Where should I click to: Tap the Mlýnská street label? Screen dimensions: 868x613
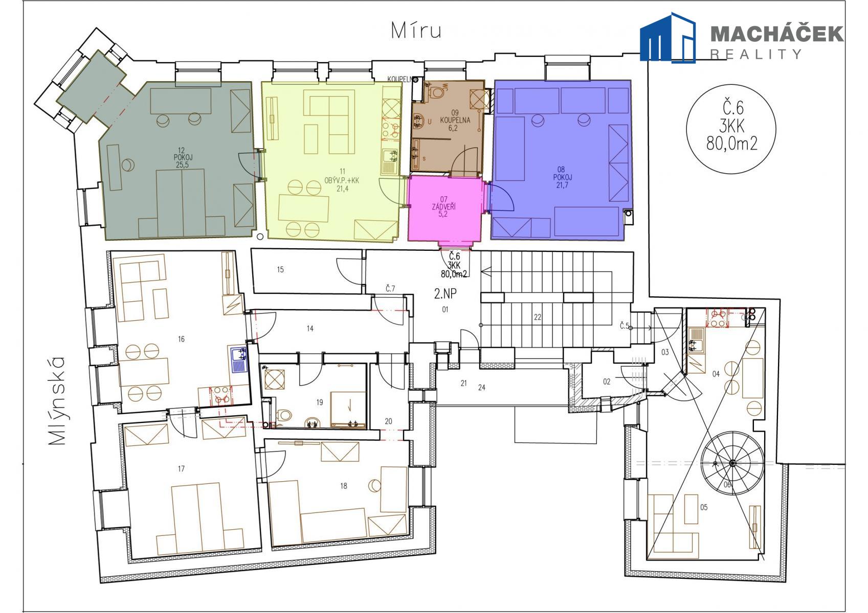57,400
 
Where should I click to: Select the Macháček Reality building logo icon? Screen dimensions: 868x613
667,37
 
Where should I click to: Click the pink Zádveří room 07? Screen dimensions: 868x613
444,208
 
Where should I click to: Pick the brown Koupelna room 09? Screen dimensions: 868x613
448,126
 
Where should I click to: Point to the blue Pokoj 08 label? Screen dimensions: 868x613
561,177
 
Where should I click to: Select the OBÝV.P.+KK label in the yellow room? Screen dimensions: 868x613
342,180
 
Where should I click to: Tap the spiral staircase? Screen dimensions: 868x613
732,463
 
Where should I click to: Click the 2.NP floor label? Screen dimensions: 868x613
445,294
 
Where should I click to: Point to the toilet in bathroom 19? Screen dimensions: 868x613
284,416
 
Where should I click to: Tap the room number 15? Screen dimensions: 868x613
280,269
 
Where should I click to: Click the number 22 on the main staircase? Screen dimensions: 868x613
537,317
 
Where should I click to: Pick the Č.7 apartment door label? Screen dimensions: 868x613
390,288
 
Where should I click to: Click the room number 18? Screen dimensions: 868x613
343,486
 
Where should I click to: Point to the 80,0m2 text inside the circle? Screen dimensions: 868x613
731,144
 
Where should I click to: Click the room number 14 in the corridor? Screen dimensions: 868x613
310,328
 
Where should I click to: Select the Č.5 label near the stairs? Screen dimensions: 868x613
624,326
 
